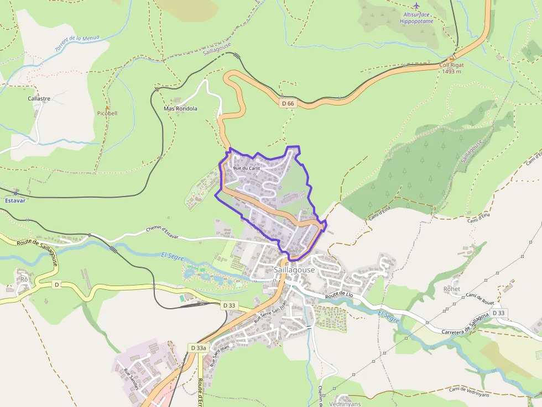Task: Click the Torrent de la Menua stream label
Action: point(77,44)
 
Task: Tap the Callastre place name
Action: point(39,99)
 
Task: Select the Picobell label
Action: point(107,113)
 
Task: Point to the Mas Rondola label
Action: point(180,109)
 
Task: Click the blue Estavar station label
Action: point(15,200)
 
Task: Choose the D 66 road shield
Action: point(288,103)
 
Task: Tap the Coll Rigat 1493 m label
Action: point(451,68)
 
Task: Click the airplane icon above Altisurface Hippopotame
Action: point(416,6)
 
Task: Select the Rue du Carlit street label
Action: point(247,168)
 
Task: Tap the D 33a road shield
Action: point(198,348)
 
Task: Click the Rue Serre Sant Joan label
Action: point(270,313)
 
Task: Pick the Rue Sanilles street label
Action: point(131,378)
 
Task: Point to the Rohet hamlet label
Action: point(451,289)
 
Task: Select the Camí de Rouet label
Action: point(480,299)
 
